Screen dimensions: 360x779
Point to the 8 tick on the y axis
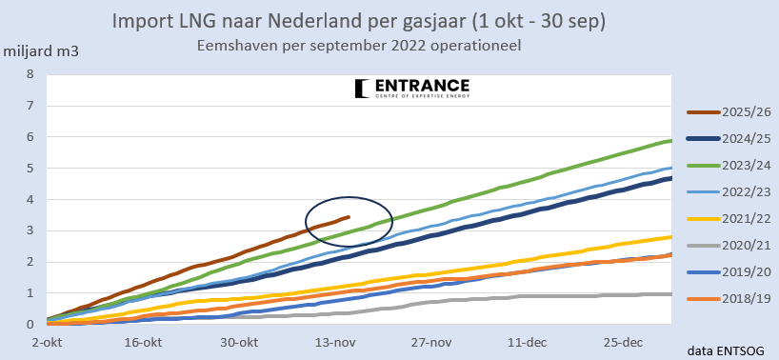point(30,74)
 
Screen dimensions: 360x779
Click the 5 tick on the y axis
point(30,169)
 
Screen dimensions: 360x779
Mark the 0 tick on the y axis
point(30,325)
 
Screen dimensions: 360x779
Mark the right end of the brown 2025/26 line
point(350,217)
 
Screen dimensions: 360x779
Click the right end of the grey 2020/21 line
point(671,294)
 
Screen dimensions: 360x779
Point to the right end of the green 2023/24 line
point(671,141)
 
